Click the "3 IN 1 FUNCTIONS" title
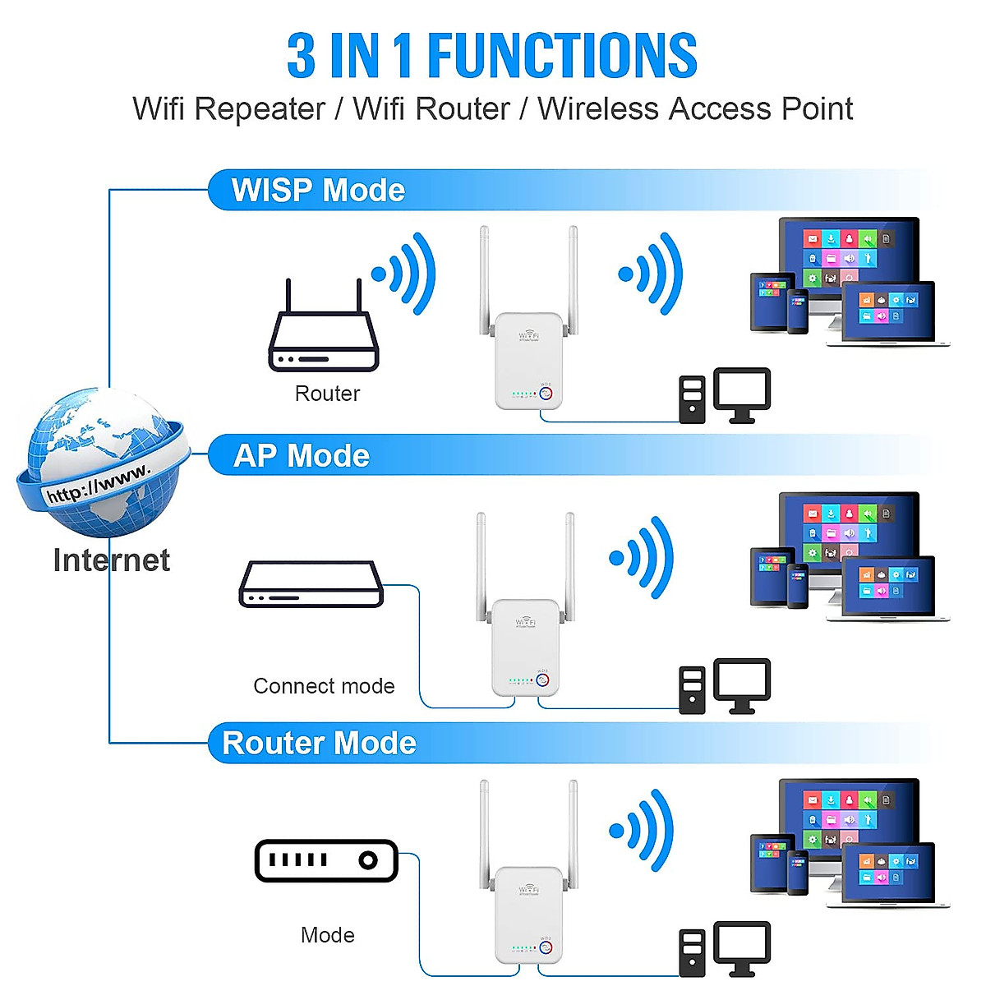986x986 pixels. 491,56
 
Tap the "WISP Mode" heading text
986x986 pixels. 318,191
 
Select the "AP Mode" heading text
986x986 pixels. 302,456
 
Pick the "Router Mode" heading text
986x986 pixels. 319,744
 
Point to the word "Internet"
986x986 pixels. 111,560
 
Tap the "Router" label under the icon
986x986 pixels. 327,394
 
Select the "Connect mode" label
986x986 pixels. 324,686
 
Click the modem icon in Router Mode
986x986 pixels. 326,860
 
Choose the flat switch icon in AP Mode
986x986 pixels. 311,584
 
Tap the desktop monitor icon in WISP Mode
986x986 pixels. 741,393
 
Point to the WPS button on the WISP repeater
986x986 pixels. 545,393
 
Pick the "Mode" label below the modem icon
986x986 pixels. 327,935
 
